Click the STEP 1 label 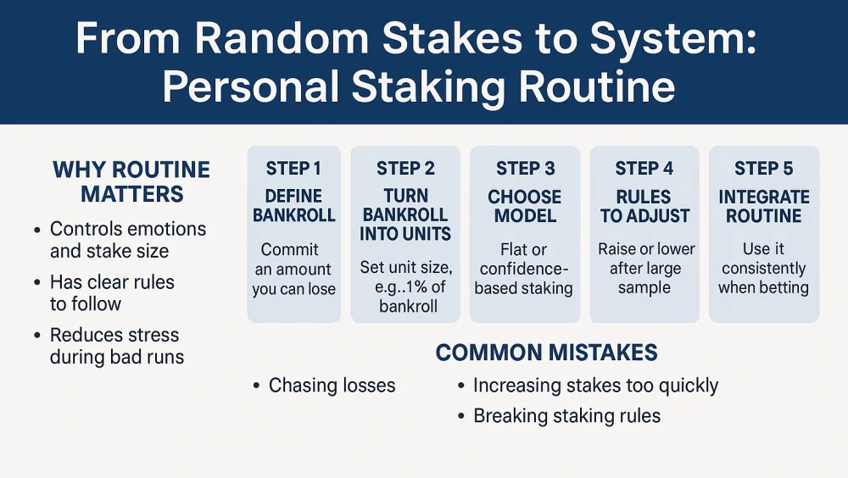pyautogui.click(x=293, y=169)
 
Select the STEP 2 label pyautogui.click(x=405, y=169)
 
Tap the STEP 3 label pyautogui.click(x=525, y=169)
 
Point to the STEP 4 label pyautogui.click(x=644, y=169)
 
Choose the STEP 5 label pyautogui.click(x=763, y=169)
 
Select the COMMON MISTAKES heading pyautogui.click(x=546, y=353)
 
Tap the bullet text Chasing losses pyautogui.click(x=332, y=386)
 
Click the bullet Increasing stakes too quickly pyautogui.click(x=595, y=386)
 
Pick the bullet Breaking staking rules pyautogui.click(x=566, y=415)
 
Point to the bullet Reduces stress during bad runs pyautogui.click(x=116, y=346)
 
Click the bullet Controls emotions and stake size pyautogui.click(x=127, y=240)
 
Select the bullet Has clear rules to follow pyautogui.click(x=111, y=292)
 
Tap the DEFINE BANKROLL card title pyautogui.click(x=293, y=206)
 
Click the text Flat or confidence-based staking pyautogui.click(x=524, y=269)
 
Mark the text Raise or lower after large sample pyautogui.click(x=646, y=269)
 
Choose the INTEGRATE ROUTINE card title pyautogui.click(x=763, y=206)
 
